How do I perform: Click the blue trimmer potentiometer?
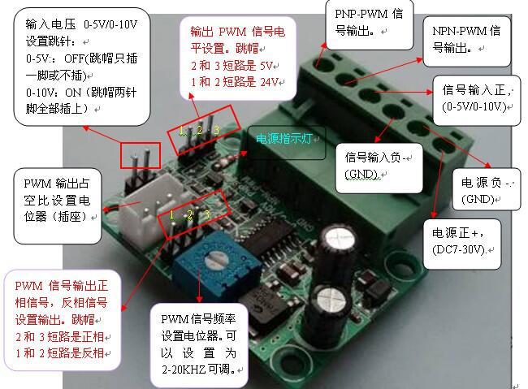click(x=216, y=262)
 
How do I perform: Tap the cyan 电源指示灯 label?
click(x=291, y=138)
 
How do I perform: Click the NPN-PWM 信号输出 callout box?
click(x=466, y=41)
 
